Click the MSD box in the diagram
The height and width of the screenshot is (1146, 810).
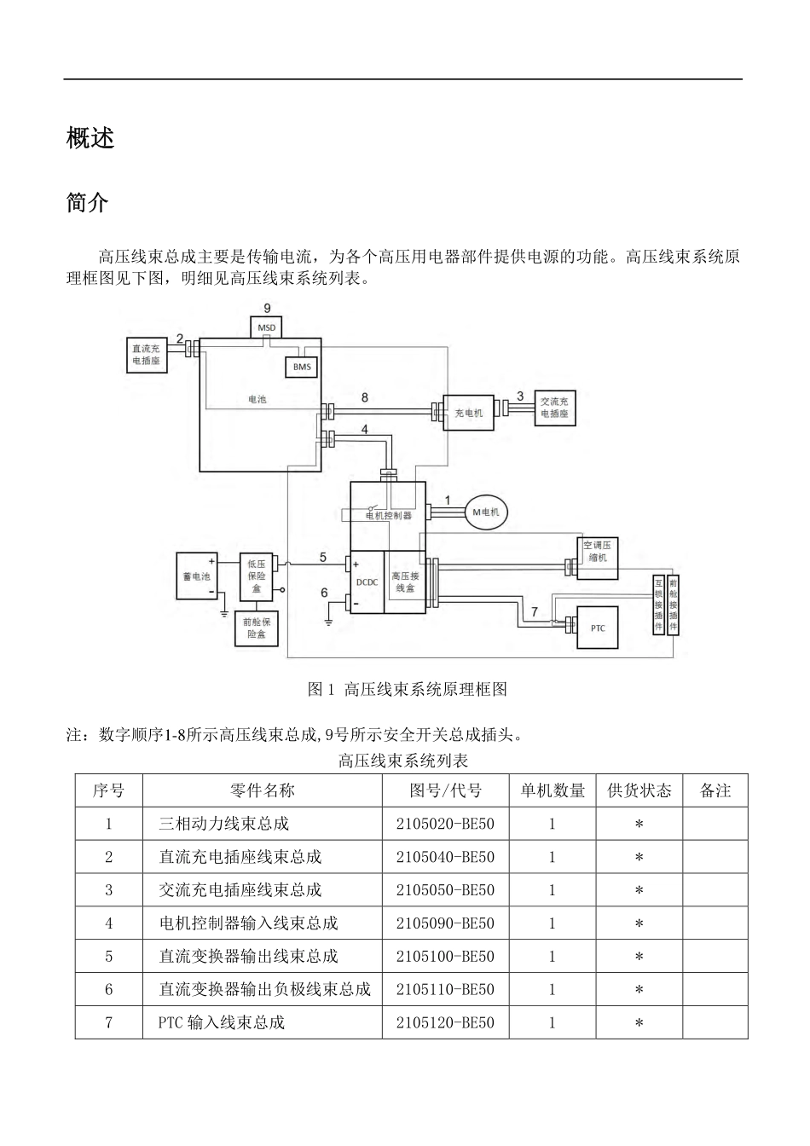tap(267, 327)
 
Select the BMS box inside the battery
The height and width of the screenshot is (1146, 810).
tap(301, 368)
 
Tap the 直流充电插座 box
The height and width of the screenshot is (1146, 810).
tap(145, 355)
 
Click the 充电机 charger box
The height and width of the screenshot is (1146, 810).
tap(468, 413)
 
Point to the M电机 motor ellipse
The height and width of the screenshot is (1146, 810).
tap(485, 512)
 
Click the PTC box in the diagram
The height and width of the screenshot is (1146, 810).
tap(598, 628)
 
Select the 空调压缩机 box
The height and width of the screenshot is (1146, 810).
tap(597, 551)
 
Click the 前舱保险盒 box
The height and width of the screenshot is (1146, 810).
tap(256, 628)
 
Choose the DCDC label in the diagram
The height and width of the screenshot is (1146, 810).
tap(367, 582)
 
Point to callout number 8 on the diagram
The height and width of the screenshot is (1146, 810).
tap(365, 397)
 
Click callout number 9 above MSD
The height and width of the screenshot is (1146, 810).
tap(267, 308)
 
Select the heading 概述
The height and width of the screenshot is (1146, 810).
tap(90, 138)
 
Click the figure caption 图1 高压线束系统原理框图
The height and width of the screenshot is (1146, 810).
tap(408, 689)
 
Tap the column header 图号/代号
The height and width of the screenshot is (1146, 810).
tap(445, 790)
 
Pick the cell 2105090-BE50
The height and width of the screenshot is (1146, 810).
tap(445, 923)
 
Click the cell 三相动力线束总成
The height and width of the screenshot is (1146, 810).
tap(223, 824)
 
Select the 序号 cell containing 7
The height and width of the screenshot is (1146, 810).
tap(108, 1022)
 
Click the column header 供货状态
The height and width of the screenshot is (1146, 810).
tap(639, 790)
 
